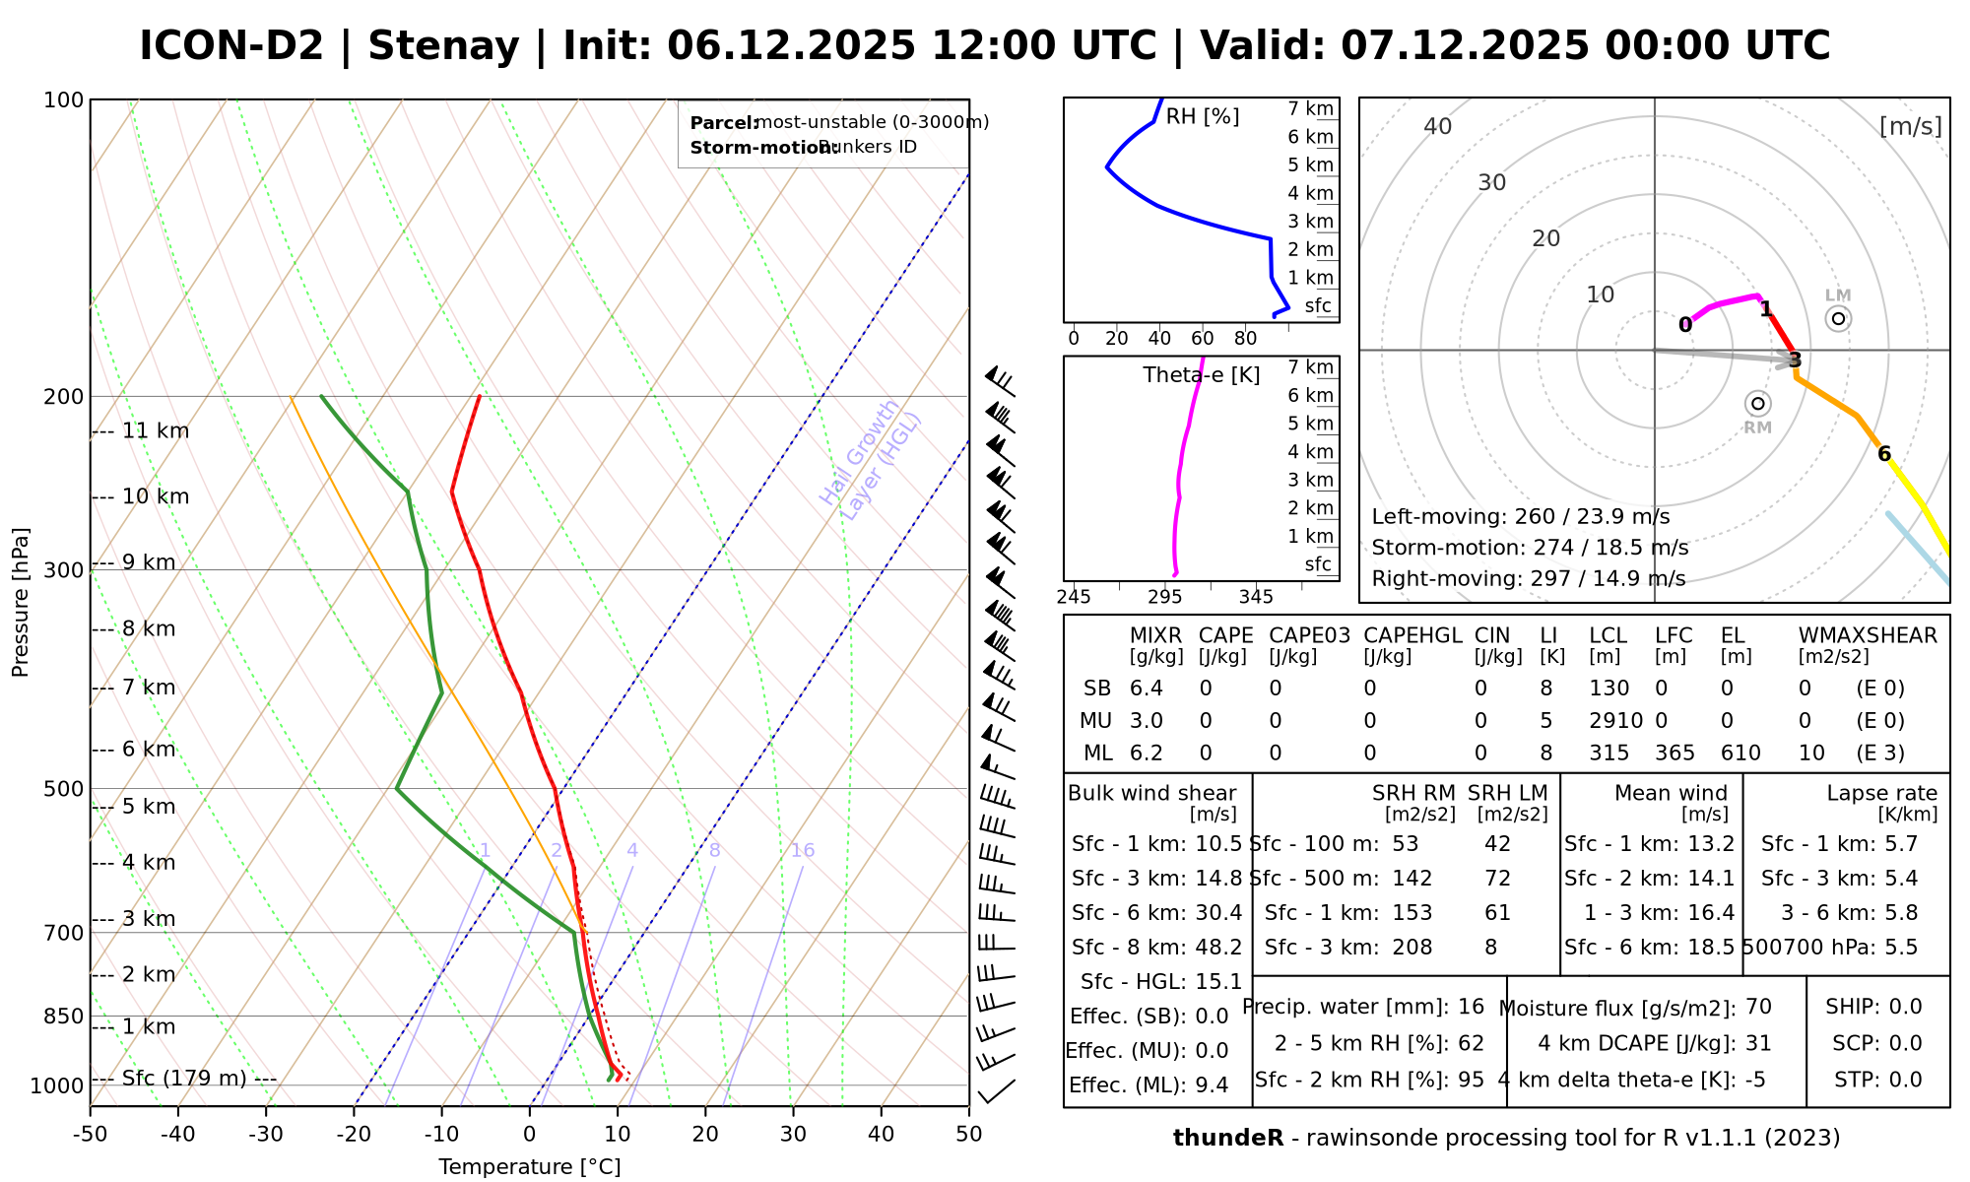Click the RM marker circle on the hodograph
[1758, 404]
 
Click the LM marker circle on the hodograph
[1838, 318]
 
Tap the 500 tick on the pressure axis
[64, 789]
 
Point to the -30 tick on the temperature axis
[266, 1135]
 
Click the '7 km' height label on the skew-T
[149, 688]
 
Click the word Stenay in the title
[443, 46]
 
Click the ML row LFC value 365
[1674, 754]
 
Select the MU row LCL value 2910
[1615, 721]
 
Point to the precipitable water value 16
[1471, 1007]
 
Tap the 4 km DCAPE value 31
[1758, 1043]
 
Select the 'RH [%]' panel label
[1202, 117]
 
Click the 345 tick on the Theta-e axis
[1256, 597]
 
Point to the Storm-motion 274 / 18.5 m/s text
[1530, 548]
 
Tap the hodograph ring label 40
[1438, 126]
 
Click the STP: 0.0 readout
[1877, 1080]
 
